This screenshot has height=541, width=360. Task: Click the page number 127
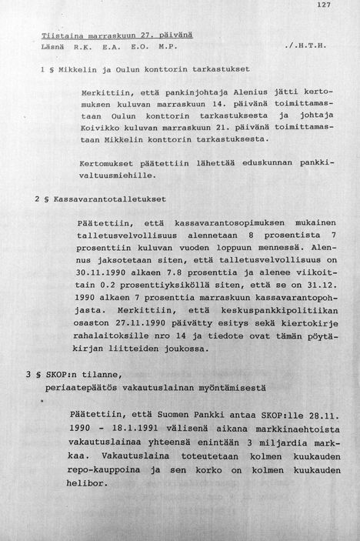[322, 6]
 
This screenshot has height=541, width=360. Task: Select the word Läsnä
[53, 48]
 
